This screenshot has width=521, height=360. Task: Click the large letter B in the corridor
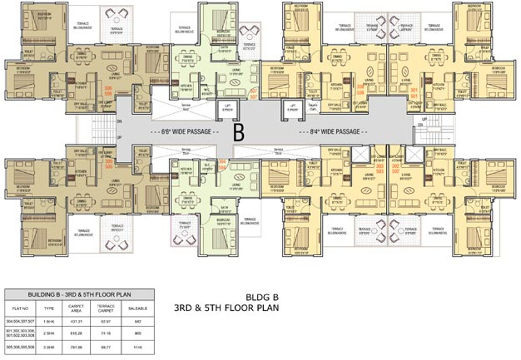[239, 132]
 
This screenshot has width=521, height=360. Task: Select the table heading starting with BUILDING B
[79, 295]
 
